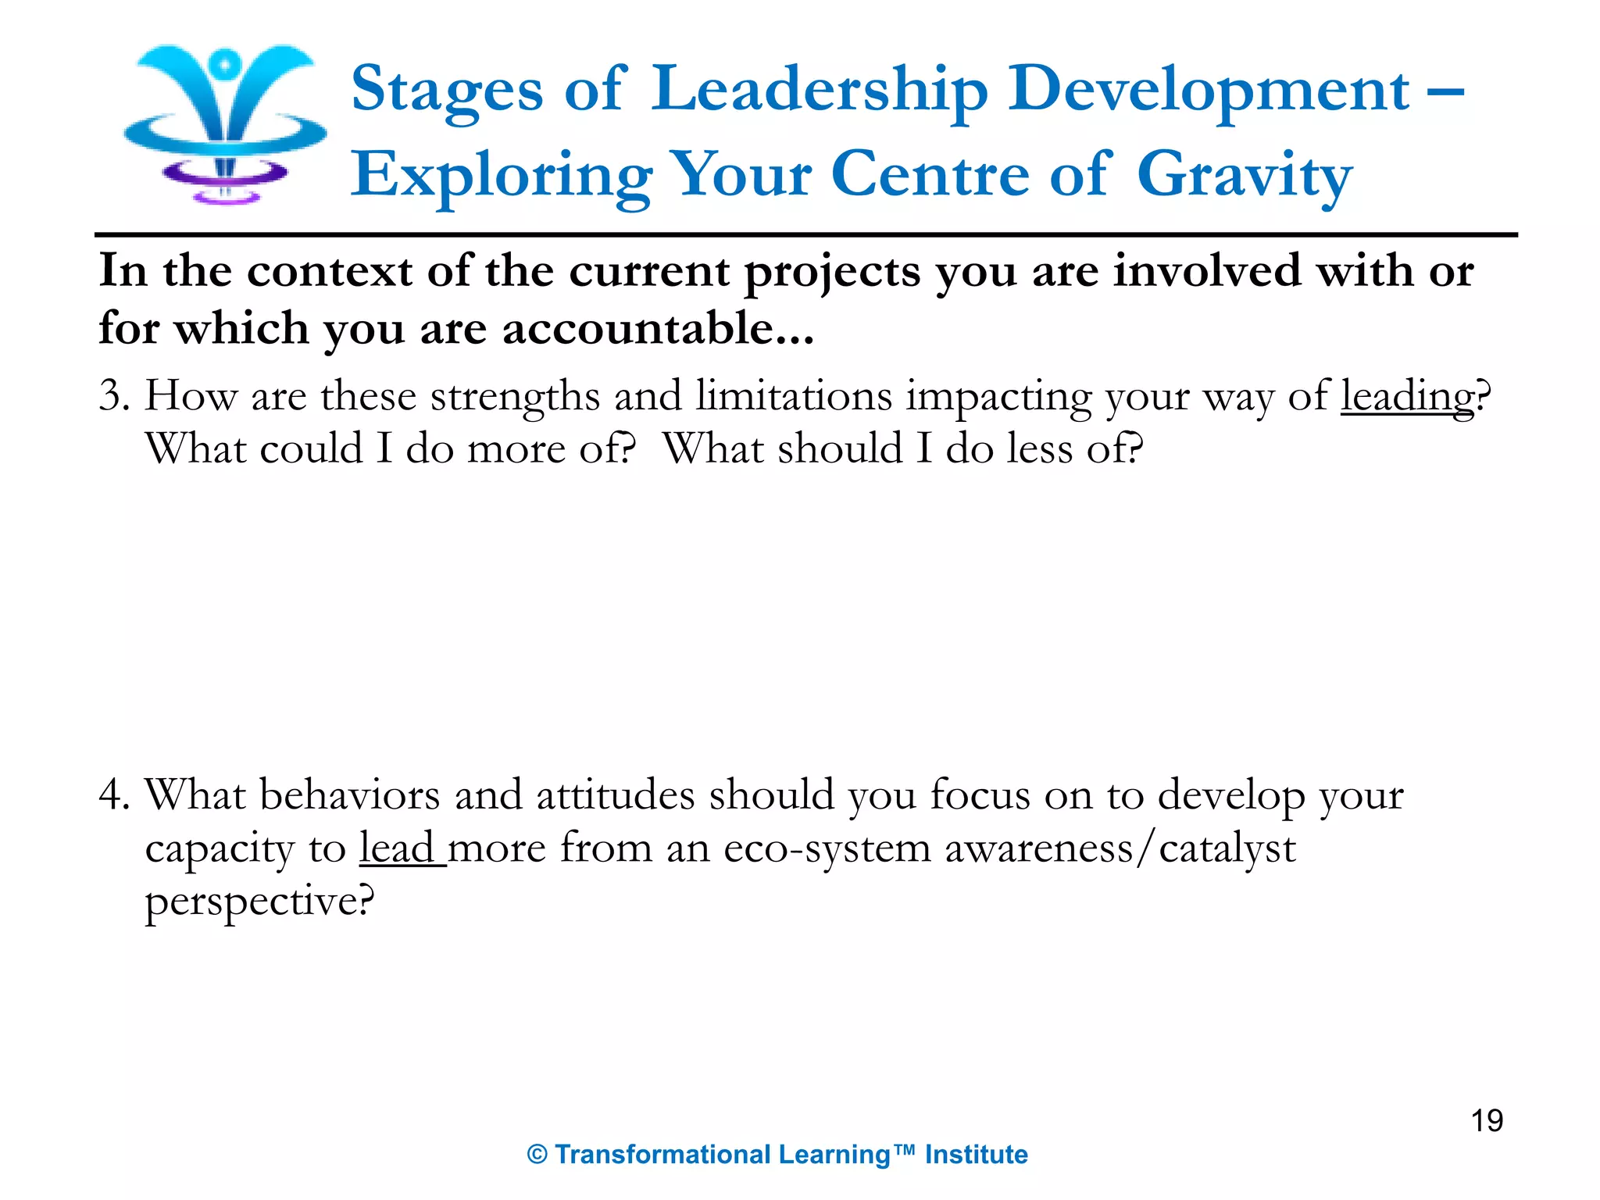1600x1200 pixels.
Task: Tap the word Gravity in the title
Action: click(1244, 176)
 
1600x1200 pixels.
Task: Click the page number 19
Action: click(1487, 1120)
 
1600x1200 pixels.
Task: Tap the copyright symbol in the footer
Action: click(537, 1155)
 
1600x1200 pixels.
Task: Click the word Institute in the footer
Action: click(976, 1155)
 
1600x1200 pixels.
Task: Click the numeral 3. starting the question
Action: click(114, 395)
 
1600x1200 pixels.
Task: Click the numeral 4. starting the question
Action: click(114, 795)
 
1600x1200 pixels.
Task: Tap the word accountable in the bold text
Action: click(637, 328)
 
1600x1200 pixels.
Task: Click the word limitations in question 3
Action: click(794, 395)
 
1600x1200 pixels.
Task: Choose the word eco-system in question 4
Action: click(827, 848)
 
